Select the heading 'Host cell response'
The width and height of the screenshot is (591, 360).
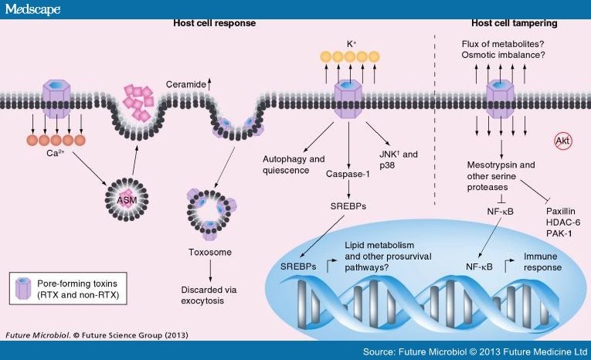coord(213,23)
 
